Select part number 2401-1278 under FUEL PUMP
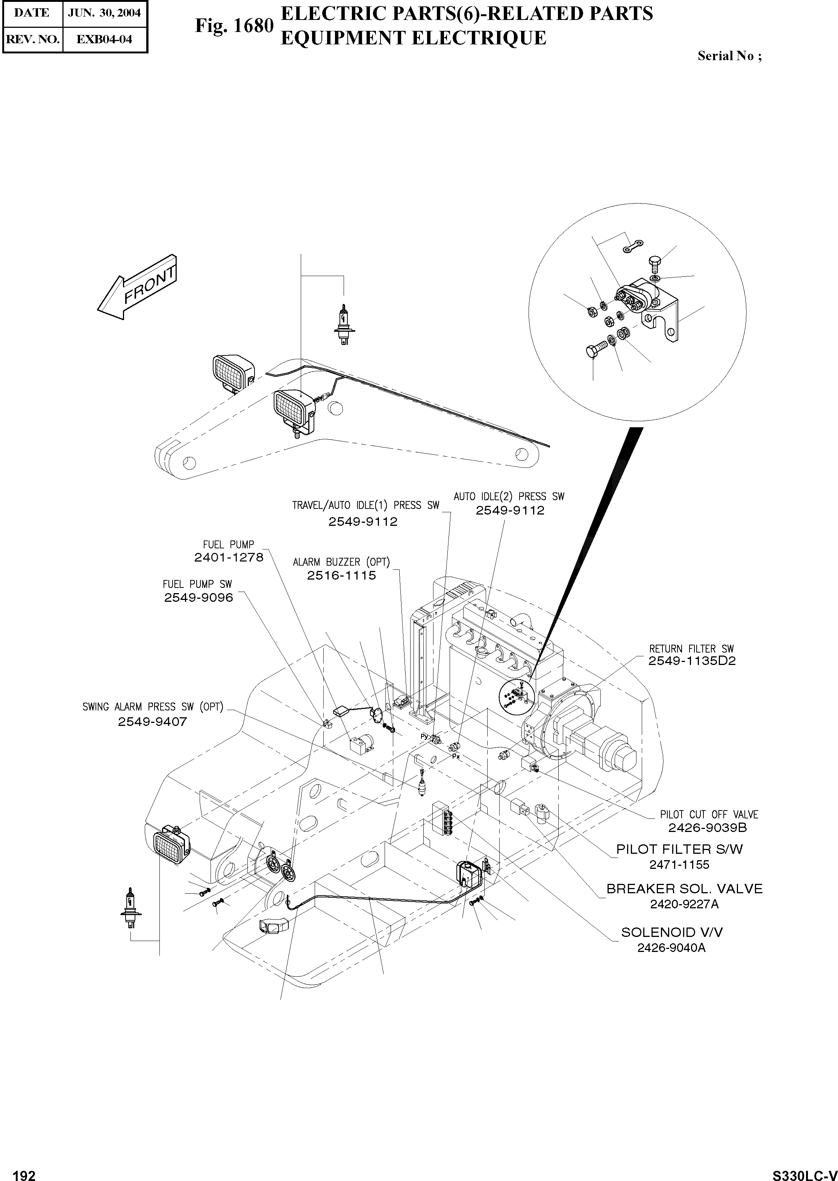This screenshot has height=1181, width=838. coord(229,557)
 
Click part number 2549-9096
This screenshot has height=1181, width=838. coord(199,598)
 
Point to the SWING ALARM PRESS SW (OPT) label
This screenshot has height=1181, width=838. coord(153,707)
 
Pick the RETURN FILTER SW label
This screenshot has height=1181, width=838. coord(691,649)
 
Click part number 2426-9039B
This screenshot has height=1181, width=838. coord(708,827)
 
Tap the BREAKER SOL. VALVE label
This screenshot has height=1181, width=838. coord(684,889)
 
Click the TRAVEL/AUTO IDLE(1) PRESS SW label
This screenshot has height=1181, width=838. coord(365,505)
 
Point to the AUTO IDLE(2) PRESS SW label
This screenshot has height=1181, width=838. coord(509,496)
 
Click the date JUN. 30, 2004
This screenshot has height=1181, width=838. coord(105,13)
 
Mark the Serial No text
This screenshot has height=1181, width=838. coord(729,56)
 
